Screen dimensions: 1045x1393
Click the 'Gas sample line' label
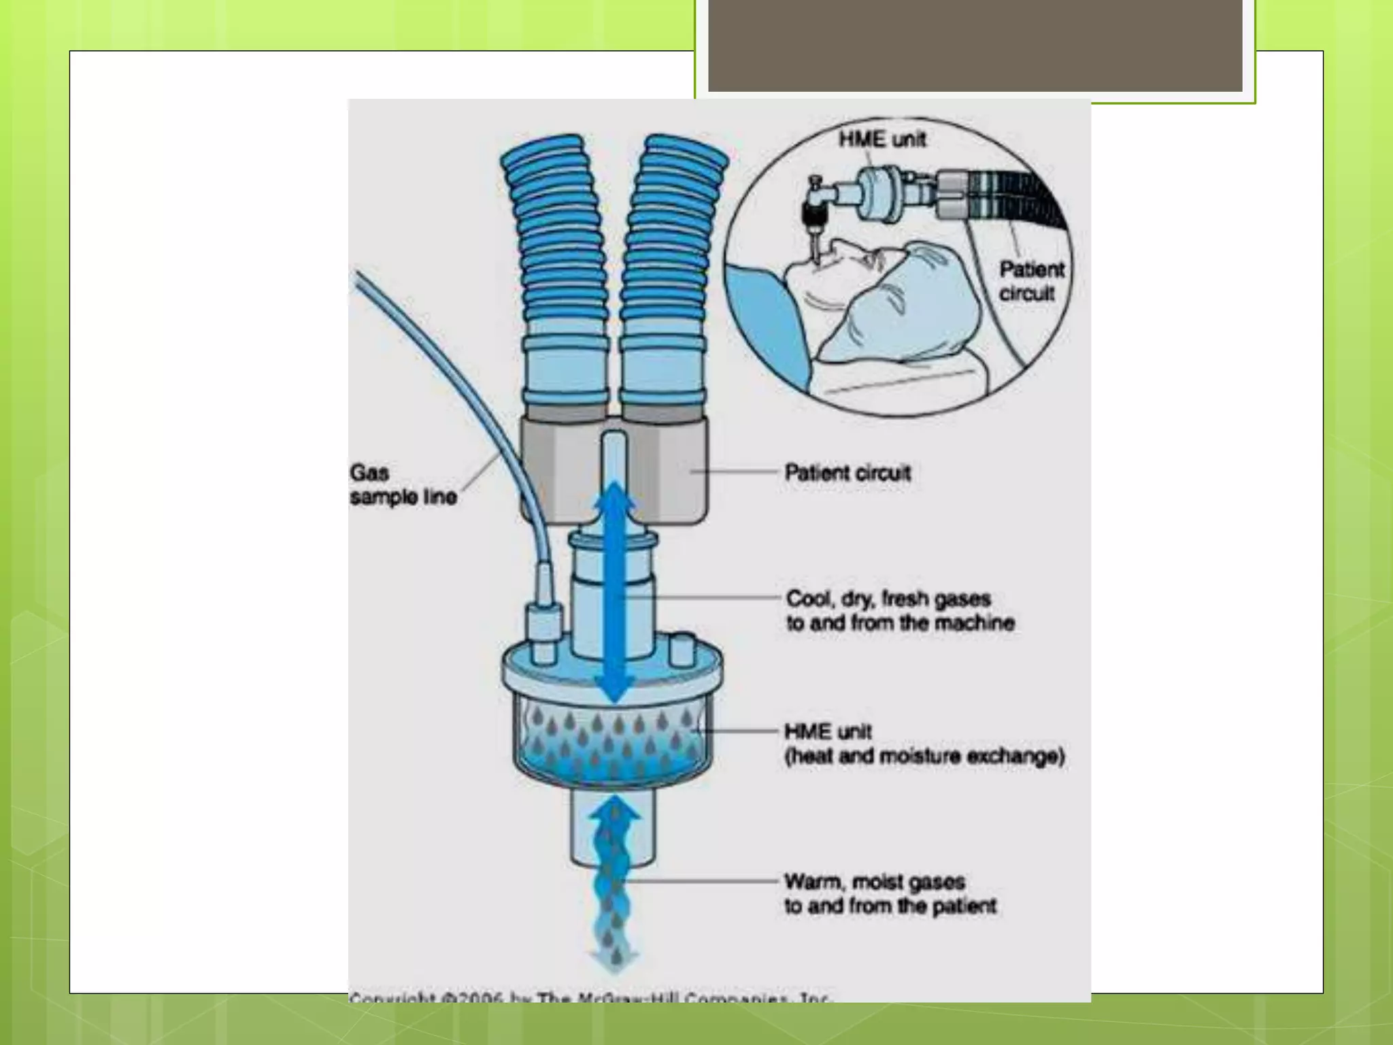(x=403, y=485)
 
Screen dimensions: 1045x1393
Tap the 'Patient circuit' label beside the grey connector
(x=847, y=473)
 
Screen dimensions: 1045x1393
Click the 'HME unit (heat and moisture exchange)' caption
(x=923, y=744)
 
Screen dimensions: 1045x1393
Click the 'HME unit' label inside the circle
(x=882, y=139)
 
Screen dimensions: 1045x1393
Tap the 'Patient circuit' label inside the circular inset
(x=1030, y=281)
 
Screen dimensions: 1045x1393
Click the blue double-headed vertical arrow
(x=615, y=592)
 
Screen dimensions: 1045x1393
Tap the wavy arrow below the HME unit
(x=615, y=884)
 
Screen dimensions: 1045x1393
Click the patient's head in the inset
(x=905, y=299)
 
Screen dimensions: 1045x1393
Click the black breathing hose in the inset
(x=1020, y=197)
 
